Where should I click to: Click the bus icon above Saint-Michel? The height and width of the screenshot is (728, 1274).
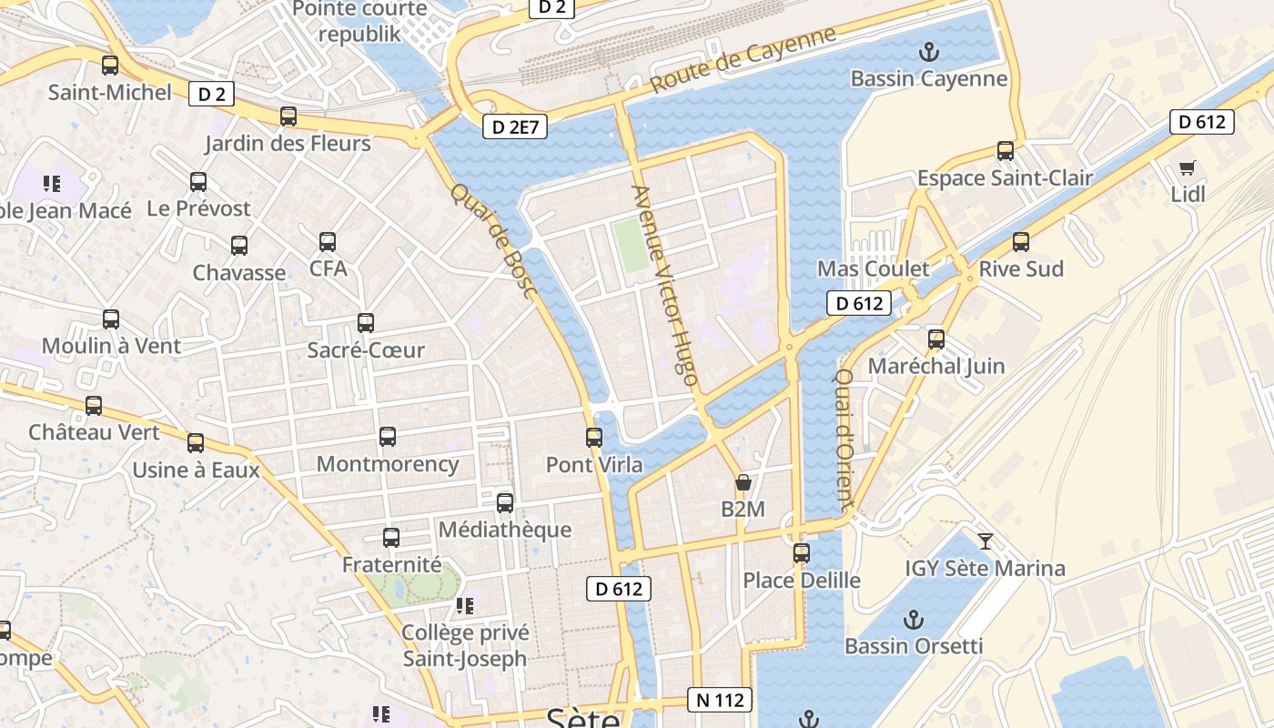click(x=110, y=66)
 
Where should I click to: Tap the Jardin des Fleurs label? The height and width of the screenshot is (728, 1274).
click(x=288, y=144)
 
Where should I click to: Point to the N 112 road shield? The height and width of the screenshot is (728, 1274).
click(x=720, y=700)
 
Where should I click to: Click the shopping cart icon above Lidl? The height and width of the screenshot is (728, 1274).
click(x=1187, y=167)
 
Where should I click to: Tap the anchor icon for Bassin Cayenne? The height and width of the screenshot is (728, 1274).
click(x=928, y=52)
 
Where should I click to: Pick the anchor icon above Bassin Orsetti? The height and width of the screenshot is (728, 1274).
click(x=914, y=620)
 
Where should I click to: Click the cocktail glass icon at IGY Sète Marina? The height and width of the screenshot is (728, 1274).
click(x=985, y=542)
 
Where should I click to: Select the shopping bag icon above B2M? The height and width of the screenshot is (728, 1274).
click(x=743, y=482)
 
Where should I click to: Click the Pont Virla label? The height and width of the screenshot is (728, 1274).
click(x=593, y=465)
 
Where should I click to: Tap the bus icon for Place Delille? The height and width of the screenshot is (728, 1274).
click(x=801, y=553)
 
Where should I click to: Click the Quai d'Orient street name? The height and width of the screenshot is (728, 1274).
click(x=844, y=438)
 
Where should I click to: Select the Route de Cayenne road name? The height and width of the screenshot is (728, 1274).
click(x=743, y=59)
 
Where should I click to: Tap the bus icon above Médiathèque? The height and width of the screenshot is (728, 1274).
click(x=505, y=503)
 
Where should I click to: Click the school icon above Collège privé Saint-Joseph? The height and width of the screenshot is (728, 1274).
click(x=465, y=606)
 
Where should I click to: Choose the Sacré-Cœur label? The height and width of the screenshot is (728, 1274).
click(x=366, y=350)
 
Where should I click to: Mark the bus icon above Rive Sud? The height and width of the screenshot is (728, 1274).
click(x=1021, y=242)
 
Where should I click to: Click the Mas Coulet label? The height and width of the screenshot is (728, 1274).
click(x=873, y=268)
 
